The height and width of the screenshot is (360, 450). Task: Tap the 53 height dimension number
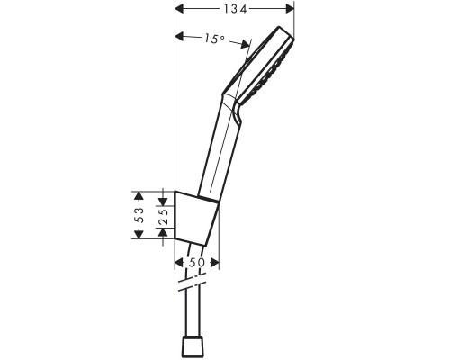click(138, 215)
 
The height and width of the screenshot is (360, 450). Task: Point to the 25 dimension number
click(163, 215)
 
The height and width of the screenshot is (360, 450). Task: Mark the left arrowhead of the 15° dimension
click(178, 38)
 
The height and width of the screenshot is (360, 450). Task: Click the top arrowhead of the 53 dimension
click(138, 194)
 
